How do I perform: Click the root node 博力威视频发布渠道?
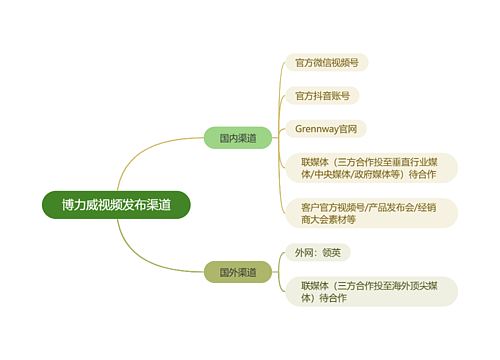coord(116,204)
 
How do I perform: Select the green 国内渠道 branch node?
coord(238,138)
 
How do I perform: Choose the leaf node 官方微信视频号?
coord(327,62)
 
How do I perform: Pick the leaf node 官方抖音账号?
coord(321,96)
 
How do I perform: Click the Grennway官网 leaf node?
coord(326,129)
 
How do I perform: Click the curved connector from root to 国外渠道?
coord(150,250)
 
